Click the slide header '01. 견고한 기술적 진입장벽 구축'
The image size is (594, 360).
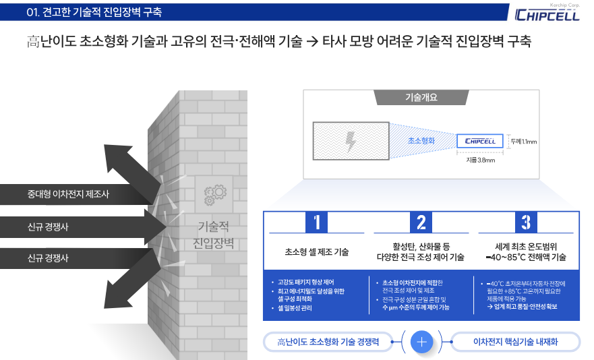(94, 12)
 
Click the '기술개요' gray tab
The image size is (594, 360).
(421, 97)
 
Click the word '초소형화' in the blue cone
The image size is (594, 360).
(421, 141)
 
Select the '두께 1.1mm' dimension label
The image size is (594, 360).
(524, 142)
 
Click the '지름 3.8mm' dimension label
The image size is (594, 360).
(480, 160)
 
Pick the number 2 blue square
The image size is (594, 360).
(421, 222)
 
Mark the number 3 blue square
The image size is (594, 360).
(525, 222)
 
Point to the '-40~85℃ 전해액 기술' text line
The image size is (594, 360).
(525, 258)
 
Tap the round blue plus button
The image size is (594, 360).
(421, 342)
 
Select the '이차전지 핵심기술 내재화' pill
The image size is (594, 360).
(516, 342)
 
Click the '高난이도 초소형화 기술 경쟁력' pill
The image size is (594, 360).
(328, 342)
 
